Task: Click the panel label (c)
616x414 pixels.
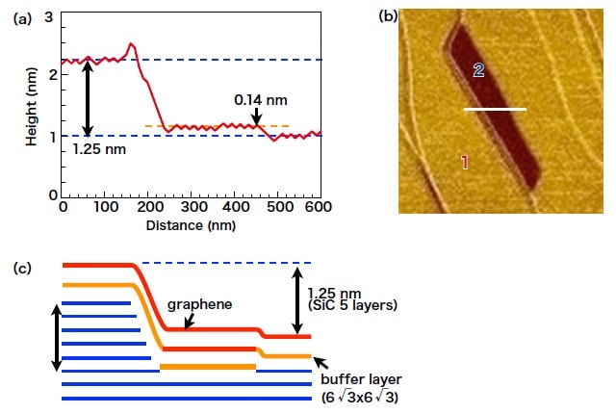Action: coord(20,267)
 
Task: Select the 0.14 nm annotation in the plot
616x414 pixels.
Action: coord(261,99)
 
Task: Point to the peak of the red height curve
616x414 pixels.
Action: coord(132,44)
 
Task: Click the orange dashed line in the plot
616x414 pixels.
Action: coord(192,126)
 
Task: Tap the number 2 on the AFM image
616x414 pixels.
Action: coord(478,69)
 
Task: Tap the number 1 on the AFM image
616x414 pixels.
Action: coord(464,162)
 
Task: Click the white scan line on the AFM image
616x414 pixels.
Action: coord(495,110)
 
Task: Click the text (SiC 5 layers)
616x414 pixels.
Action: coord(353,305)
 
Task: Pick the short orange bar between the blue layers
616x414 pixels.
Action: coord(208,367)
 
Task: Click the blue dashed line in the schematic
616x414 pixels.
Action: coord(226,262)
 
